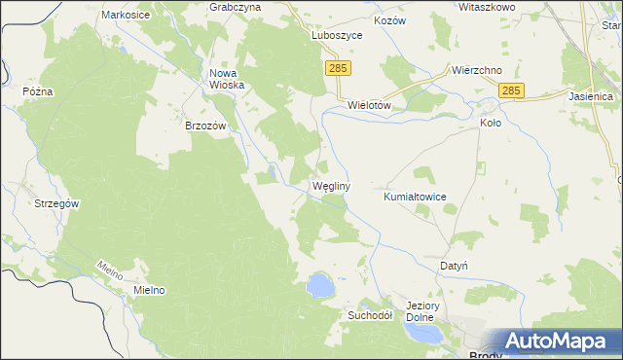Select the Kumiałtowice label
(415, 197)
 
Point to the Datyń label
(455, 265)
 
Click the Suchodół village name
(369, 315)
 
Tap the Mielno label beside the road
(143, 290)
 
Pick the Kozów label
(388, 20)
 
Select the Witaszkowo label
(488, 6)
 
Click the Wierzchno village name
(476, 71)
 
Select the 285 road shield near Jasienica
(513, 90)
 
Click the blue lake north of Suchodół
(319, 285)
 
